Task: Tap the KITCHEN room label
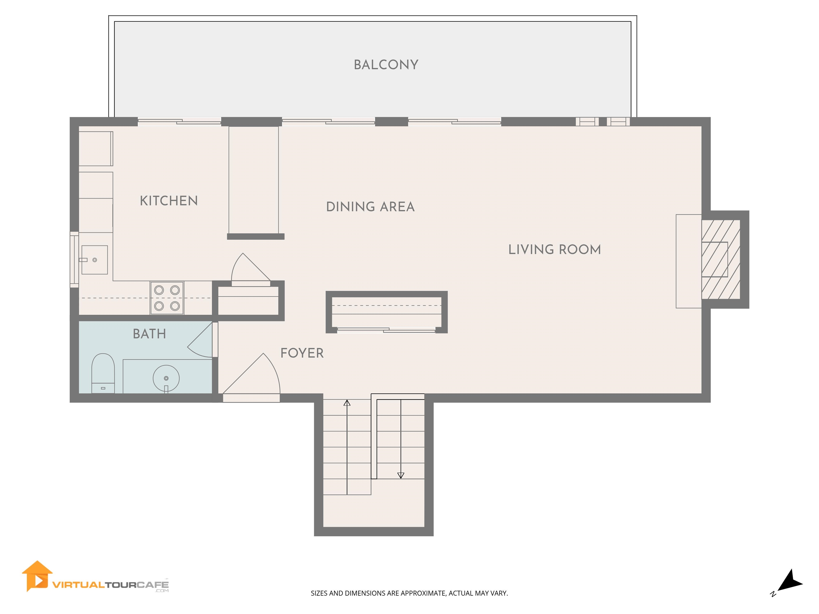pos(168,201)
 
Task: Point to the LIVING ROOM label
pos(554,249)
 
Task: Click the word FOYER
pos(302,353)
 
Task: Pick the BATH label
pos(149,334)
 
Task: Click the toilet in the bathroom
pos(103,373)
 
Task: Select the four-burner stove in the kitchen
pos(167,298)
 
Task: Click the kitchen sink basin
pos(95,260)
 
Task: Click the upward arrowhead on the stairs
pos(347,403)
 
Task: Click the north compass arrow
pos(791,581)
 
